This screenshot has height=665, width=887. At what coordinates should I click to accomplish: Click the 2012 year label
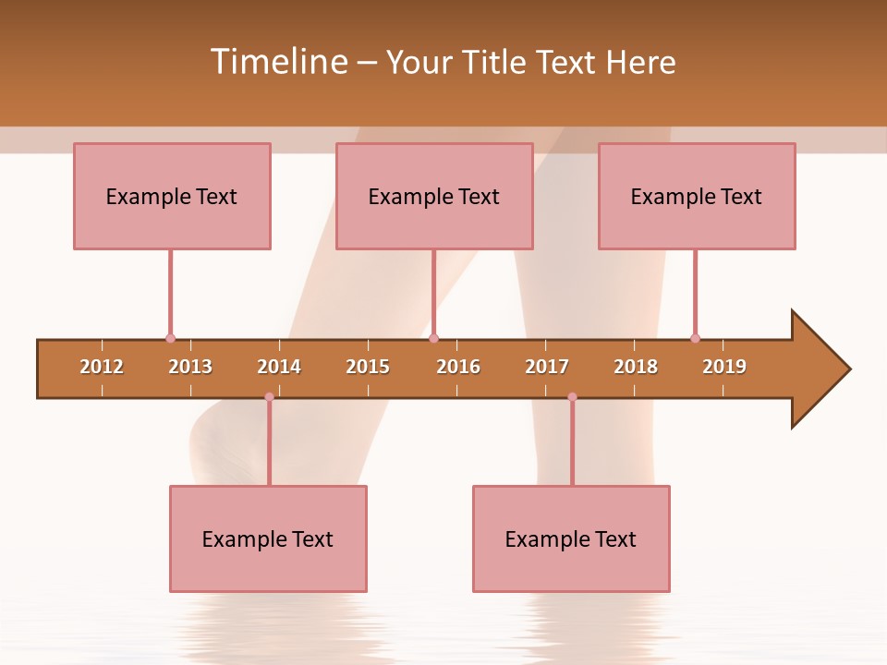(x=102, y=367)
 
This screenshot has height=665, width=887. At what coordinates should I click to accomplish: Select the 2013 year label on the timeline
(x=190, y=367)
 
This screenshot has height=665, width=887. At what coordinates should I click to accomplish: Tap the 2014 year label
(x=279, y=367)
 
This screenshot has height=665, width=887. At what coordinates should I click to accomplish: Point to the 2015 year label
(x=368, y=367)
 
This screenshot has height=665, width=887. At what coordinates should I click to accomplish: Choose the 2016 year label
(x=458, y=367)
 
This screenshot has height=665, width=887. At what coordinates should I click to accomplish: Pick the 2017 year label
(x=547, y=367)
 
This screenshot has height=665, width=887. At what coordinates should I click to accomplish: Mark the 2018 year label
(x=636, y=367)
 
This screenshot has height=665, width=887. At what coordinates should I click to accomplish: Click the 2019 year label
(x=724, y=367)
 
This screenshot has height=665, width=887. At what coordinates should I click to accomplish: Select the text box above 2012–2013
(x=172, y=196)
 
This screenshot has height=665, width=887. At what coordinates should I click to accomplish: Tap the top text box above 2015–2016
(x=434, y=196)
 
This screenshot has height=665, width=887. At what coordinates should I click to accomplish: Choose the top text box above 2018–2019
(x=697, y=196)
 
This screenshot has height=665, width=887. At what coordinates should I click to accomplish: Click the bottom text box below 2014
(x=268, y=538)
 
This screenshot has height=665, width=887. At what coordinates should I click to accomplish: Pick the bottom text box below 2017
(x=571, y=538)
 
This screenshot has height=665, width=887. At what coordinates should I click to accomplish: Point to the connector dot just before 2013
(x=170, y=338)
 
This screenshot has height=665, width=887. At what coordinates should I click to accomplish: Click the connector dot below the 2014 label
(x=269, y=397)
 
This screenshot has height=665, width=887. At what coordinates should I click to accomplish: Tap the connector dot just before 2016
(x=433, y=338)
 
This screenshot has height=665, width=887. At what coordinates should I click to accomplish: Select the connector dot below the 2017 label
(x=572, y=397)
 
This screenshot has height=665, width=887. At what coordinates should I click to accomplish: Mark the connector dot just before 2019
(x=695, y=338)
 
